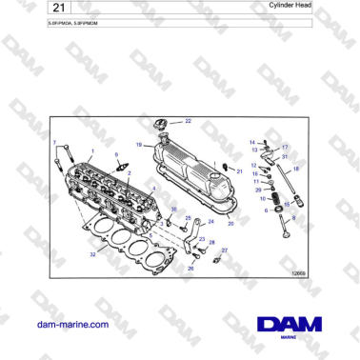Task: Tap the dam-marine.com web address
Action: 72,324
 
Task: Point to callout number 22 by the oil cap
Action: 188,121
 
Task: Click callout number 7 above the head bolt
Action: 54,143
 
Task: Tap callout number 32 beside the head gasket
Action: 91,255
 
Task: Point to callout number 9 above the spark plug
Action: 116,153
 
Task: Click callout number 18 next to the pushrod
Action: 296,169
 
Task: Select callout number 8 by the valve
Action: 293,218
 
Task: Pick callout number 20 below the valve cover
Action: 230,223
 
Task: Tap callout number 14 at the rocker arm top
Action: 252,143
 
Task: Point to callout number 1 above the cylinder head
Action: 92,152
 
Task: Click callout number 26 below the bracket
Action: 190,270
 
